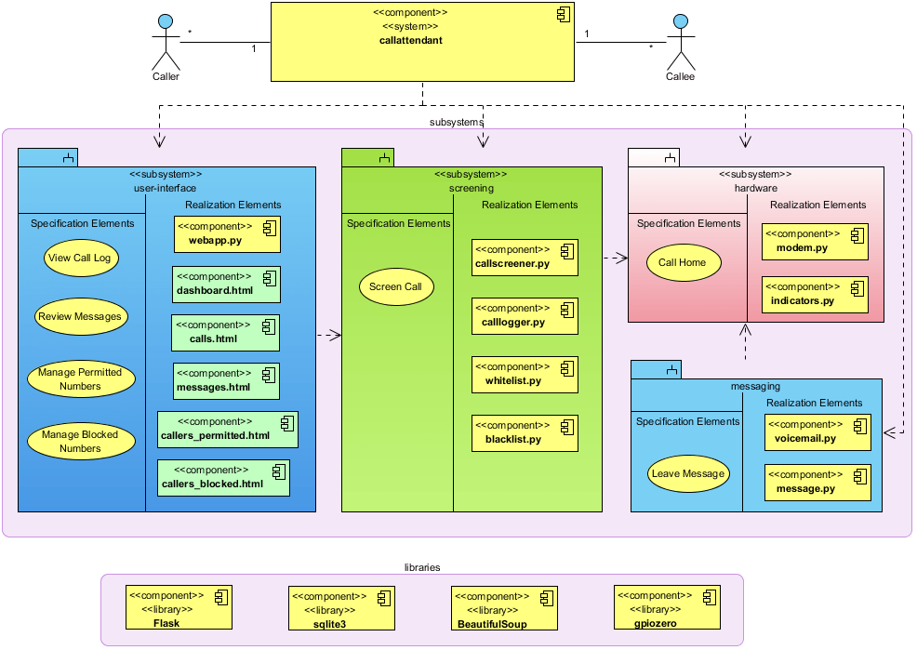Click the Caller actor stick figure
point(165,42)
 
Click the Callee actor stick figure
point(681,42)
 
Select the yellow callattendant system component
point(423,41)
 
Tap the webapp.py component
point(227,234)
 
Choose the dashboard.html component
point(226,284)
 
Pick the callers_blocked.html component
point(223,477)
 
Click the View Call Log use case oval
point(82,259)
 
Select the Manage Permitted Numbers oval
point(80,378)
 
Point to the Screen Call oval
point(395,286)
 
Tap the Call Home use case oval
point(682,262)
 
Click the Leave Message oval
point(688,473)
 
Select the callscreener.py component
point(525,258)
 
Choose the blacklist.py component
point(525,432)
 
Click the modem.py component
point(815,242)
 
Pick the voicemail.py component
point(817,431)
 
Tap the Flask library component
point(179,609)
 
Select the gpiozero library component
point(667,609)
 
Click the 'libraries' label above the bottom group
point(422,566)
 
